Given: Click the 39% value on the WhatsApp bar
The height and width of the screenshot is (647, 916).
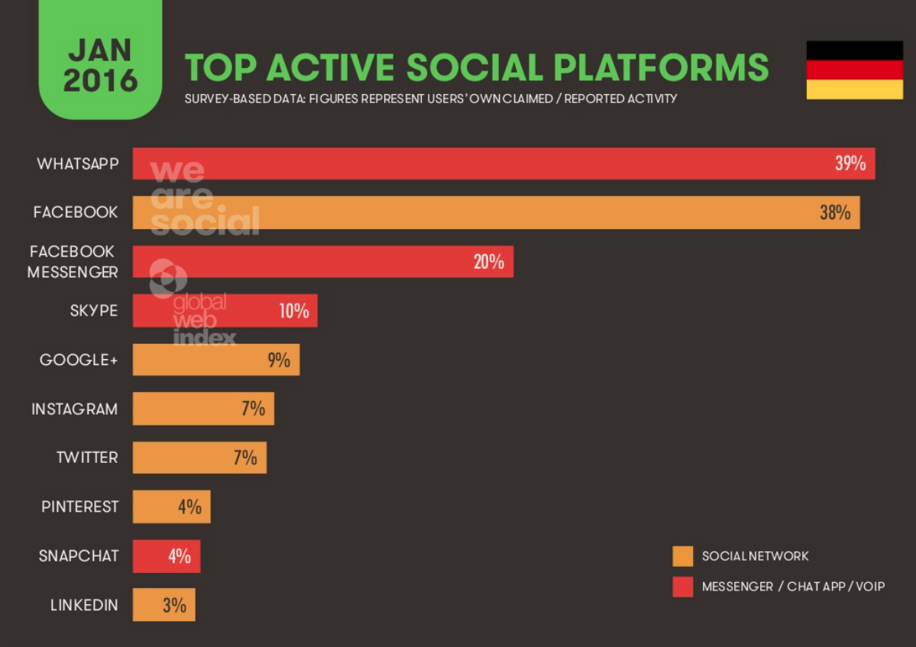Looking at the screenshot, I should click(x=850, y=163).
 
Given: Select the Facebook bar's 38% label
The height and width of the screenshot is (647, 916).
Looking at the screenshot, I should click(x=835, y=212).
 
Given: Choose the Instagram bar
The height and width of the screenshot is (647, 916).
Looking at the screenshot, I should click(x=202, y=409).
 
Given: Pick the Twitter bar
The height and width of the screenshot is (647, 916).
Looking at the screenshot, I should click(x=199, y=458).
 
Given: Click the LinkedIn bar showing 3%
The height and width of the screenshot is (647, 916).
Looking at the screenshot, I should click(x=163, y=605).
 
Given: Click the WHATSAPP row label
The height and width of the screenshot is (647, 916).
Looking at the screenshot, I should click(x=77, y=163).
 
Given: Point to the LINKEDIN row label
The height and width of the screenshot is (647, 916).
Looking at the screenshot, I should click(x=84, y=605).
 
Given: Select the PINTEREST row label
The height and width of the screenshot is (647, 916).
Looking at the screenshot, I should click(x=80, y=506).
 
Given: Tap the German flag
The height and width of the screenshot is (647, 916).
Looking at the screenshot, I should click(x=854, y=70).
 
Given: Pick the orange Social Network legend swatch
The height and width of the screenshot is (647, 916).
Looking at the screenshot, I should click(x=682, y=556).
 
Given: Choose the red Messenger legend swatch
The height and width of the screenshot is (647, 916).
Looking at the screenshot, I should click(x=682, y=587).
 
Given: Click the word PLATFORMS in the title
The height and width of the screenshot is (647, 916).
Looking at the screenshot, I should click(x=661, y=67).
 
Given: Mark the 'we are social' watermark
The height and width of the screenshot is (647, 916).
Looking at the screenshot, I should click(x=203, y=198).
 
